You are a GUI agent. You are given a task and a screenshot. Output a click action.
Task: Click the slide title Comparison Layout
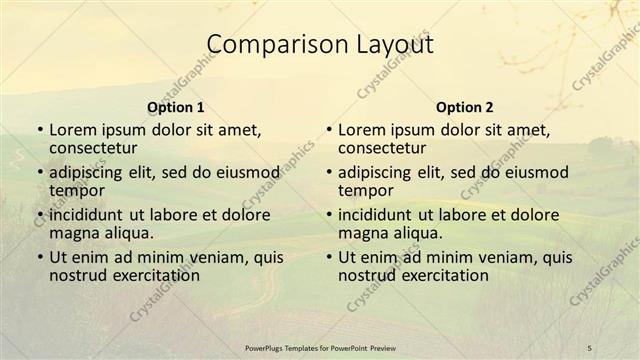(x=320, y=45)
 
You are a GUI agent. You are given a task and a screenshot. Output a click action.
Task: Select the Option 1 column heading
(x=176, y=107)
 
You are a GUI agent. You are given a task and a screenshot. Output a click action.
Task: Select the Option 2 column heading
(x=464, y=107)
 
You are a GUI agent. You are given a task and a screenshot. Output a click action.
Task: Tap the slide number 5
(x=590, y=347)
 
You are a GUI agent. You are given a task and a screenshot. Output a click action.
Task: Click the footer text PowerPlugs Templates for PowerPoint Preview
(x=320, y=347)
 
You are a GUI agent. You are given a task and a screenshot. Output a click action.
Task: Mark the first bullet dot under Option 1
(x=40, y=131)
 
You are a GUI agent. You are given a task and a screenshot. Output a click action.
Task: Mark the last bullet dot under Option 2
(x=328, y=257)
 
